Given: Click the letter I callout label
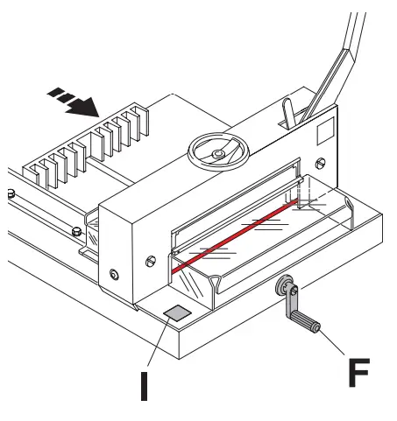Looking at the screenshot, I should (144, 384).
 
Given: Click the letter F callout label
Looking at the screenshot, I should (359, 372).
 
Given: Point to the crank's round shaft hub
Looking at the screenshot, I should (285, 286).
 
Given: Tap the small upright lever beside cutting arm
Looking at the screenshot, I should (286, 114).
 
